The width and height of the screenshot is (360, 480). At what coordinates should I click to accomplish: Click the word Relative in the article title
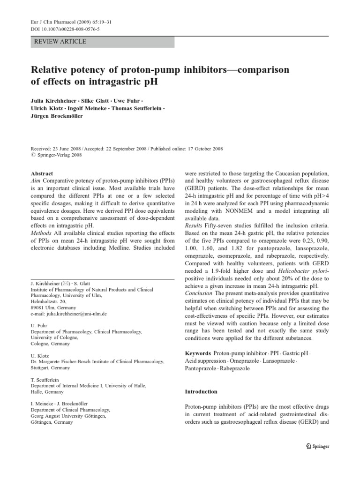50,70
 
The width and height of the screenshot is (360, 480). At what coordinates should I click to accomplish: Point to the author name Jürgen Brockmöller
56,117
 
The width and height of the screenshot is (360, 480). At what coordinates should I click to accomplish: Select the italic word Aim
36,182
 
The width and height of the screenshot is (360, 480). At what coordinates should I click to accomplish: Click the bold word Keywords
198,352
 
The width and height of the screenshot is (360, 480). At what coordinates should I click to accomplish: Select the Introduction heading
201,391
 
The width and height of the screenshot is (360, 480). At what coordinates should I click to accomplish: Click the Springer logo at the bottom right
317,447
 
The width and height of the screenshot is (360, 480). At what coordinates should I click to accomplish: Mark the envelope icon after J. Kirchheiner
67,284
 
